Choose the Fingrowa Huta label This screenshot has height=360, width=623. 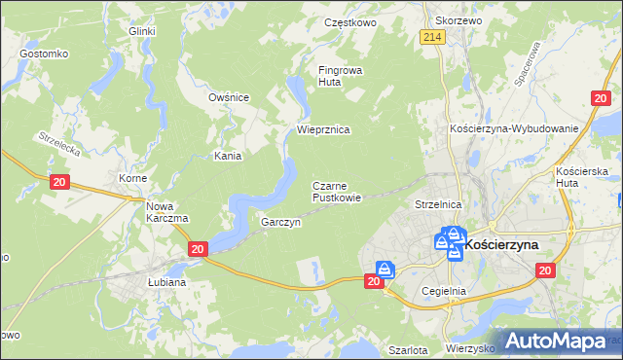tap(339, 76)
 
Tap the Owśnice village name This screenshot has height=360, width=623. tap(230, 97)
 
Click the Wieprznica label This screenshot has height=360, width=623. tap(323, 128)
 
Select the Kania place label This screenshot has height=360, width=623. tap(228, 156)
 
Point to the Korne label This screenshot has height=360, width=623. tap(132, 179)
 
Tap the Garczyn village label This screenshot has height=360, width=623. tap(280, 222)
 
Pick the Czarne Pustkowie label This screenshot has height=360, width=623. tap(337, 191)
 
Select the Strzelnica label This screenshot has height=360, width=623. tap(437, 205)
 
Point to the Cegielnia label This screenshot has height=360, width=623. tap(445, 290)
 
